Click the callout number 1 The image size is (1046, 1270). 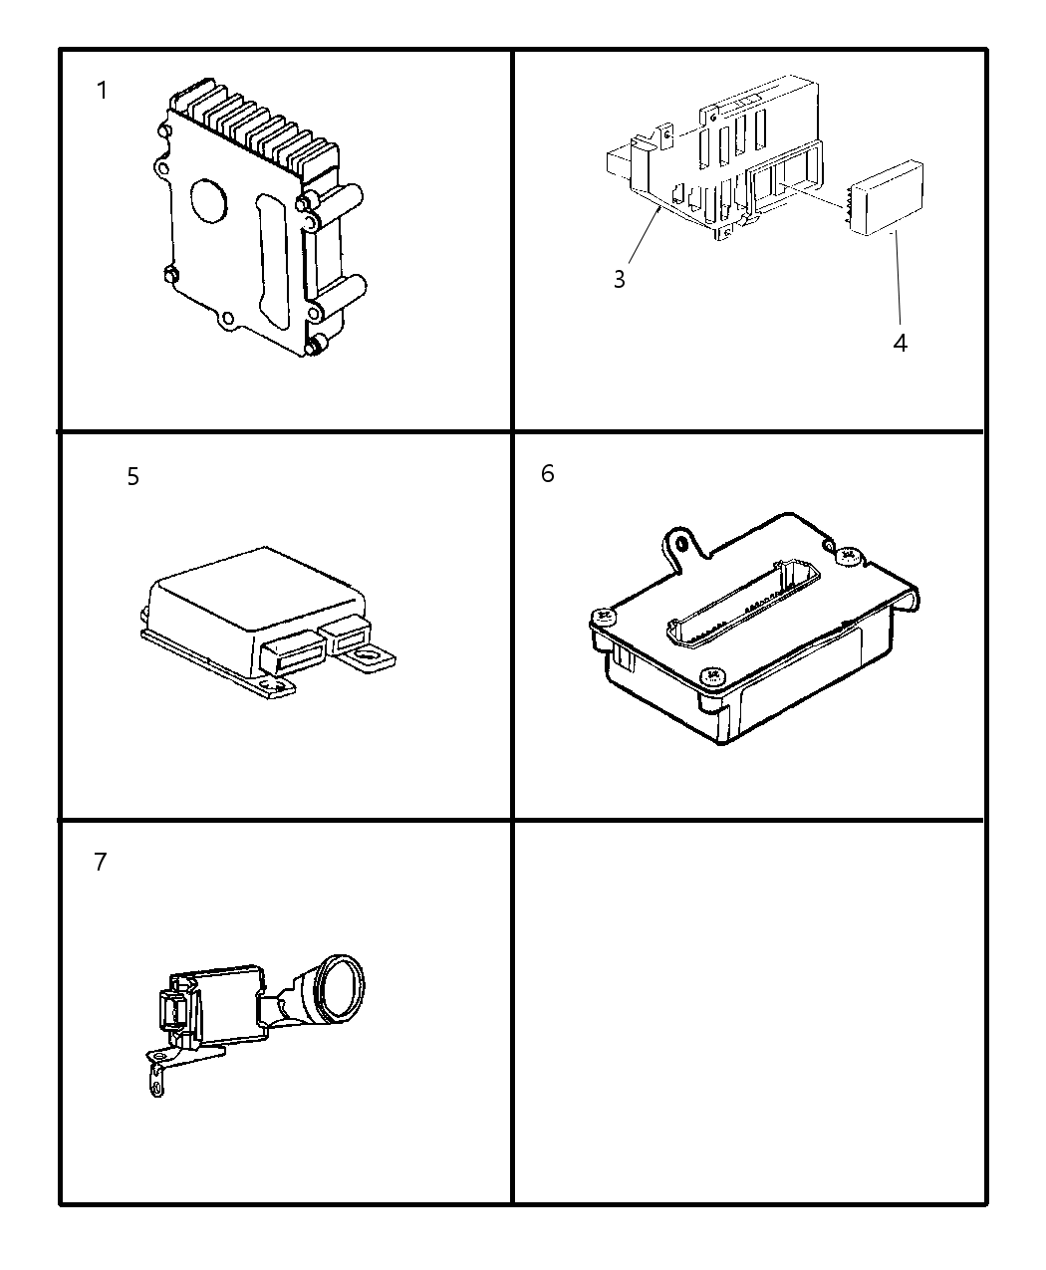pos(102,91)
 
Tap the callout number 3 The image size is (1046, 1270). pos(620,279)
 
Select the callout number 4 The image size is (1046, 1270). pos(900,343)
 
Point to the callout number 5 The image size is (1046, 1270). pos(133,476)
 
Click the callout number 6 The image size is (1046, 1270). pos(548,473)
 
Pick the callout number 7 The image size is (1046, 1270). pos(101,862)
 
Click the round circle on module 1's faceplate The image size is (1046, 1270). pos(209,201)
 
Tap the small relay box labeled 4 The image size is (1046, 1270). pos(886,197)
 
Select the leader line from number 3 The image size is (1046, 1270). pos(645,235)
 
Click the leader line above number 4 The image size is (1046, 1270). pos(897,278)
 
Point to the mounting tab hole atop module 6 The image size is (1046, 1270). pos(681,543)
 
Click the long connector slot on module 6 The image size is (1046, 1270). pos(743,602)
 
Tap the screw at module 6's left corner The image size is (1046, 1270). pos(604,617)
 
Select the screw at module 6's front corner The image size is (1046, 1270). pos(712,675)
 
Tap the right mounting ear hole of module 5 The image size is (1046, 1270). pos(368,656)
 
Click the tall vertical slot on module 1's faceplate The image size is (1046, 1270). pos(272,262)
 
